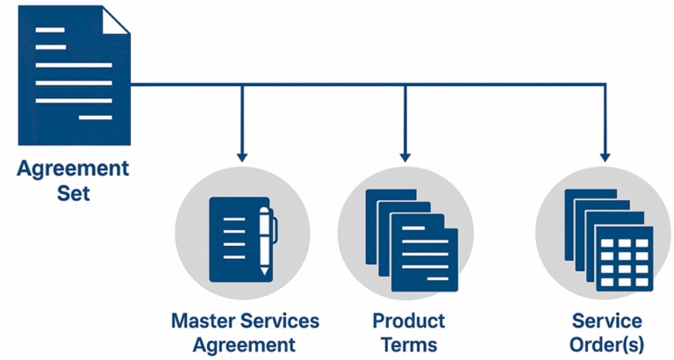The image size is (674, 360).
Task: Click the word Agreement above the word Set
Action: click(73, 168)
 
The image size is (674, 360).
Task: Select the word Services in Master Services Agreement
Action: click(276, 320)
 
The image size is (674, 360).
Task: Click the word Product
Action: click(409, 320)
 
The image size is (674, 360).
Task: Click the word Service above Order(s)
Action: click(607, 320)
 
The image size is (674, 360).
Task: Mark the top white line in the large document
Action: click(50, 29)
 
